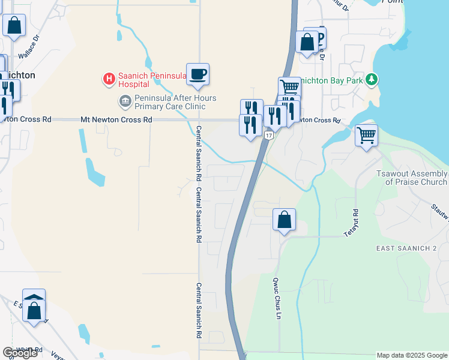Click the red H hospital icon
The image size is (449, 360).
[109, 79]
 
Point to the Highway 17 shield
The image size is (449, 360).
[269, 136]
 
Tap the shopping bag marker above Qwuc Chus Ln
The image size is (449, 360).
[285, 220]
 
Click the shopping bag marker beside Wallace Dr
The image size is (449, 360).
[14, 26]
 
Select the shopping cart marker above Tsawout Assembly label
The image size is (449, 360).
[366, 135]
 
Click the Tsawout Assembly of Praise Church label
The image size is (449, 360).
[412, 178]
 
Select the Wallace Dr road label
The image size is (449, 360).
[31, 47]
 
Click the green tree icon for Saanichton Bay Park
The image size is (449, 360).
[372, 79]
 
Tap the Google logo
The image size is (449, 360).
[20, 353]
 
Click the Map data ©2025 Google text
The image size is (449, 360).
[412, 355]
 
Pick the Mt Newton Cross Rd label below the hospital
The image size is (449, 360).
[116, 120]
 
